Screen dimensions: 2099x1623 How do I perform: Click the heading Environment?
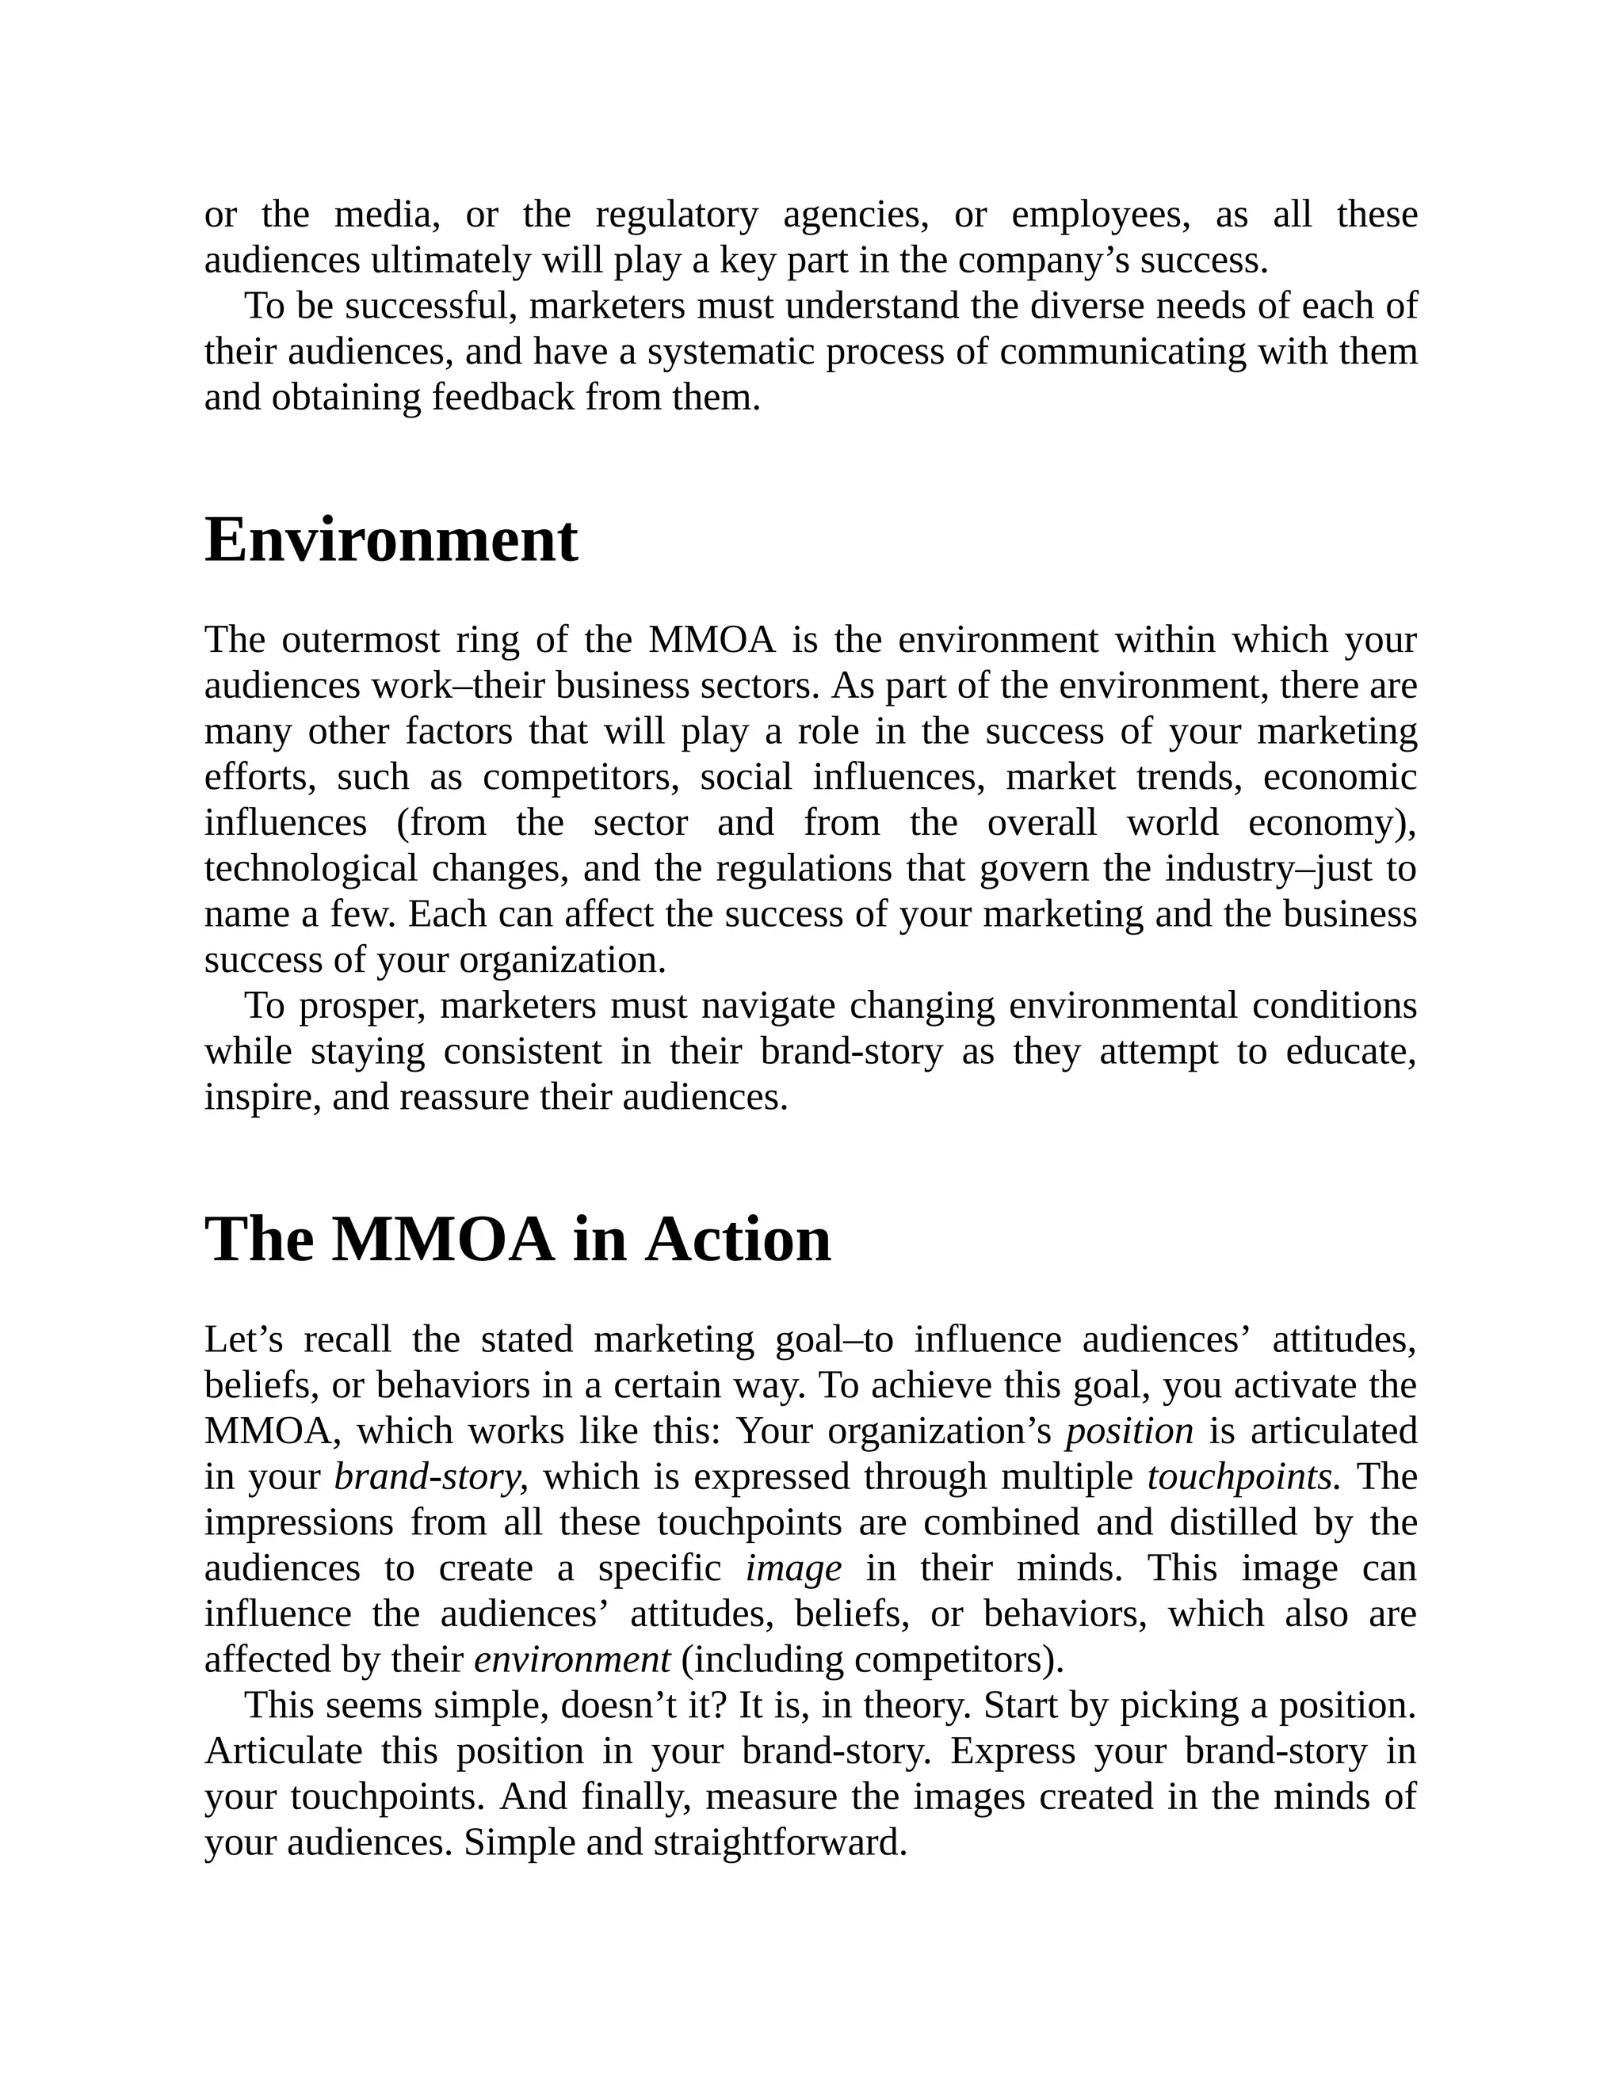click(x=391, y=540)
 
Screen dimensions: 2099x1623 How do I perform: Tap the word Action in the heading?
click(x=738, y=1239)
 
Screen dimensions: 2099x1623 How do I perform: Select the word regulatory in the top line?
click(x=676, y=215)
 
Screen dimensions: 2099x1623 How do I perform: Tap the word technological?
click(x=311, y=868)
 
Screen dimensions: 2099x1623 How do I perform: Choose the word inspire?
click(x=258, y=1096)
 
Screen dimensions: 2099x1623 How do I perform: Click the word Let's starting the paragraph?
click(x=243, y=1339)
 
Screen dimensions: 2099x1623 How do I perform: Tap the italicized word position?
click(x=1128, y=1431)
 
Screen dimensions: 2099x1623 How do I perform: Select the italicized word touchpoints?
click(x=1239, y=1476)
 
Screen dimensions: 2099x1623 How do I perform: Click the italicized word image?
click(x=793, y=1568)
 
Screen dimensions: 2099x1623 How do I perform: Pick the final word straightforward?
click(x=779, y=1842)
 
